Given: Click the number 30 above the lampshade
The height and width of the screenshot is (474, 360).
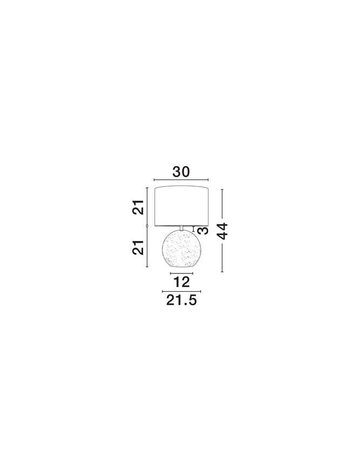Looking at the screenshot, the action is tap(181, 171).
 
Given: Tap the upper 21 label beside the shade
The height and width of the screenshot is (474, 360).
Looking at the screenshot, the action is tap(138, 208).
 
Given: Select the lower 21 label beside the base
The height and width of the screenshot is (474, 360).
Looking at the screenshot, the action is tap(138, 248).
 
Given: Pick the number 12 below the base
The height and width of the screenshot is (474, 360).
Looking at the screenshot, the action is tap(181, 282).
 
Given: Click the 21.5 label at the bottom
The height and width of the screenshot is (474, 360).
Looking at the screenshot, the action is tap(181, 300).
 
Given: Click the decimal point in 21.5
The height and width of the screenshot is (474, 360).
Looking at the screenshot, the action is tap(185, 304).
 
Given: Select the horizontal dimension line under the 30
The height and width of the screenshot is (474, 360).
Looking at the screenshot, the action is tap(181, 180).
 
